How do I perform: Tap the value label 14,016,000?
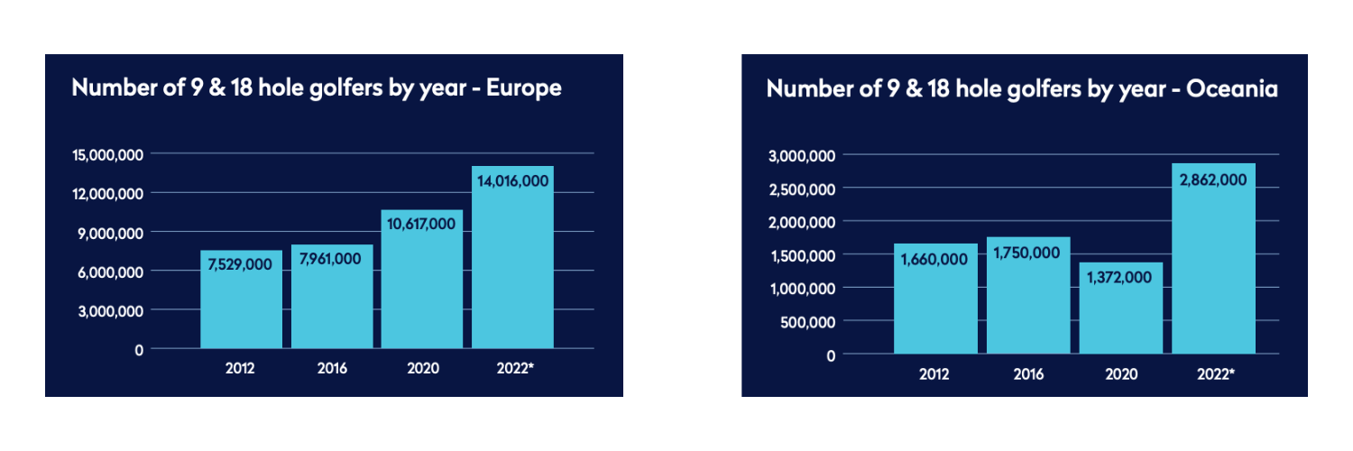(512, 181)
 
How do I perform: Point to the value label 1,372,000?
(1120, 278)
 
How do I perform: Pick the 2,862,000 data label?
(1213, 179)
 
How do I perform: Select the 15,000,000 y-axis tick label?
(106, 154)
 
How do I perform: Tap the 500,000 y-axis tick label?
(809, 321)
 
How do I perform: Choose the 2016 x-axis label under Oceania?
(1027, 374)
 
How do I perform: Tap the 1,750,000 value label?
(1027, 253)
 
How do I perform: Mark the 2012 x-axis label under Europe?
(241, 369)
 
